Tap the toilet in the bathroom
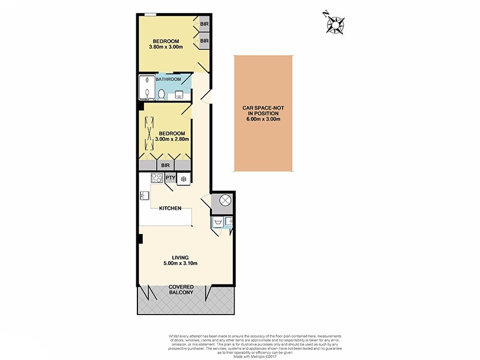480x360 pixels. (161, 93)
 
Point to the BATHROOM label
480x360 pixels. (169, 79)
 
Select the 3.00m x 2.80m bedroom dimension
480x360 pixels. (172, 139)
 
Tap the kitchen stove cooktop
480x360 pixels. (157, 177)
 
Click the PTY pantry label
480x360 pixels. (170, 178)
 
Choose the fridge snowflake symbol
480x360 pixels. (184, 178)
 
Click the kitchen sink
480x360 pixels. (145, 195)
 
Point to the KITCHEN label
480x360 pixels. (170, 208)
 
